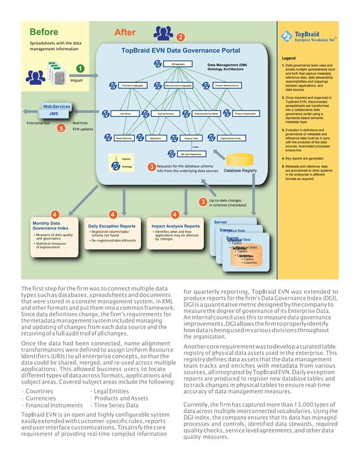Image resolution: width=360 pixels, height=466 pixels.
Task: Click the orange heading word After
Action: [x=125, y=32]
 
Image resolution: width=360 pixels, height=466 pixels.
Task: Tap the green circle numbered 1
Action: [x=81, y=69]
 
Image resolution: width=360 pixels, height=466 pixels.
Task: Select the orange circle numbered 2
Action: [x=179, y=37]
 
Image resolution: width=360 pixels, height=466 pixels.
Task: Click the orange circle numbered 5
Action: [x=61, y=128]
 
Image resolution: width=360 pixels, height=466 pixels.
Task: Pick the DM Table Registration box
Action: [x=188, y=153]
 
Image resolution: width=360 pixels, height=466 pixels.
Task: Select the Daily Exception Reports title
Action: [x=112, y=226]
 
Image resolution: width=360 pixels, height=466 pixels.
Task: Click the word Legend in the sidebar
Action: [x=289, y=58]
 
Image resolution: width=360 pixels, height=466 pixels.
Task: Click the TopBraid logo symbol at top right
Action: [x=285, y=37]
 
